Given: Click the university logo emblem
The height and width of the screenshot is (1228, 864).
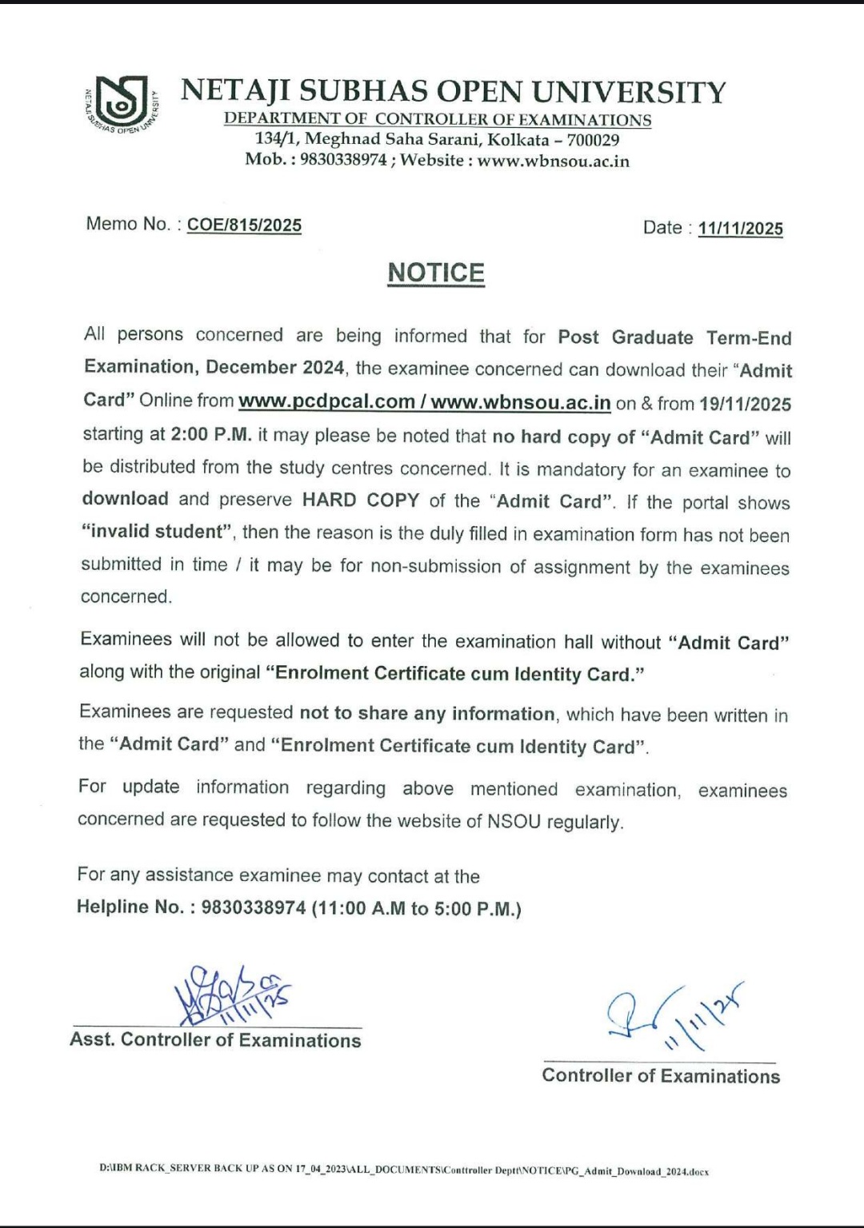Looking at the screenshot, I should click(121, 105).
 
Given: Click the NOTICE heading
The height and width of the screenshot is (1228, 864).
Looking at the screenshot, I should click(436, 273).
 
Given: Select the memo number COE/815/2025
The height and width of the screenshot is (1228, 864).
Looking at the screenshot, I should click(244, 225).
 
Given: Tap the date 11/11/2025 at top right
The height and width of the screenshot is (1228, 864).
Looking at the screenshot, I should click(740, 229).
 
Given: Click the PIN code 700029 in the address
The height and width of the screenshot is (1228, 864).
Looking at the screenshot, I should click(593, 140).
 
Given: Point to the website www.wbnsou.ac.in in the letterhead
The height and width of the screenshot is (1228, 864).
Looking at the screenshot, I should click(554, 161).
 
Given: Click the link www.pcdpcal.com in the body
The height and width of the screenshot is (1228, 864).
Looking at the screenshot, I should click(326, 401).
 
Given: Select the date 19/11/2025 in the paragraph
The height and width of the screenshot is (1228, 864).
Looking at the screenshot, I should click(745, 404).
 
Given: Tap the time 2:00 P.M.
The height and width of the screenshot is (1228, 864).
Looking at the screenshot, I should click(211, 435).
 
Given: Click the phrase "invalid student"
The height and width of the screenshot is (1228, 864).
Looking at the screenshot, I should click(157, 532).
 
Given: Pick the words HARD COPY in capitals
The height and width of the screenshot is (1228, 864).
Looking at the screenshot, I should click(360, 500).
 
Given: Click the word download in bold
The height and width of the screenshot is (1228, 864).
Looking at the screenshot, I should click(125, 499).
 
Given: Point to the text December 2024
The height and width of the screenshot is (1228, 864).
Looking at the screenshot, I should click(274, 368).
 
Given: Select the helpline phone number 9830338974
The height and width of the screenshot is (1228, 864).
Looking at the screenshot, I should click(254, 907).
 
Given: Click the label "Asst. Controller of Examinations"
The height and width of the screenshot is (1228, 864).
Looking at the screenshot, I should click(215, 1040).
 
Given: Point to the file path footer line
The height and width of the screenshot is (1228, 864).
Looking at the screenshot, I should click(404, 1171).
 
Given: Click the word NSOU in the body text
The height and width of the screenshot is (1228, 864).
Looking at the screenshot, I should click(514, 822).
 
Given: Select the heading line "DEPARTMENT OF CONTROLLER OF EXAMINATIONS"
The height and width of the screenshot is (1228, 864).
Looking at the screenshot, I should click(438, 120).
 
